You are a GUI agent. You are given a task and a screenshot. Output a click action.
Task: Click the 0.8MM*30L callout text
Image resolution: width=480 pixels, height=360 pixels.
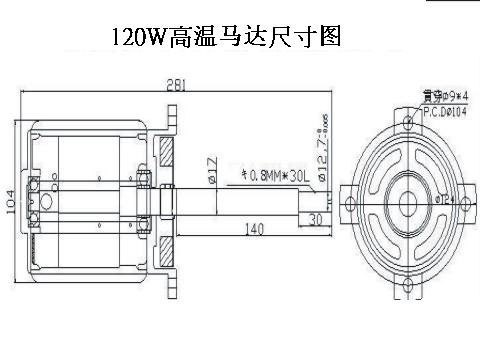coord(271,177)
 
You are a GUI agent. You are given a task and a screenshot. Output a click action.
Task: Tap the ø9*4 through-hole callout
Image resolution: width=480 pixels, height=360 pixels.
coord(441,98)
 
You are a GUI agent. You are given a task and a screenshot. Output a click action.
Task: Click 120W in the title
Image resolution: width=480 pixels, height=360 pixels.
coord(140,38)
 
